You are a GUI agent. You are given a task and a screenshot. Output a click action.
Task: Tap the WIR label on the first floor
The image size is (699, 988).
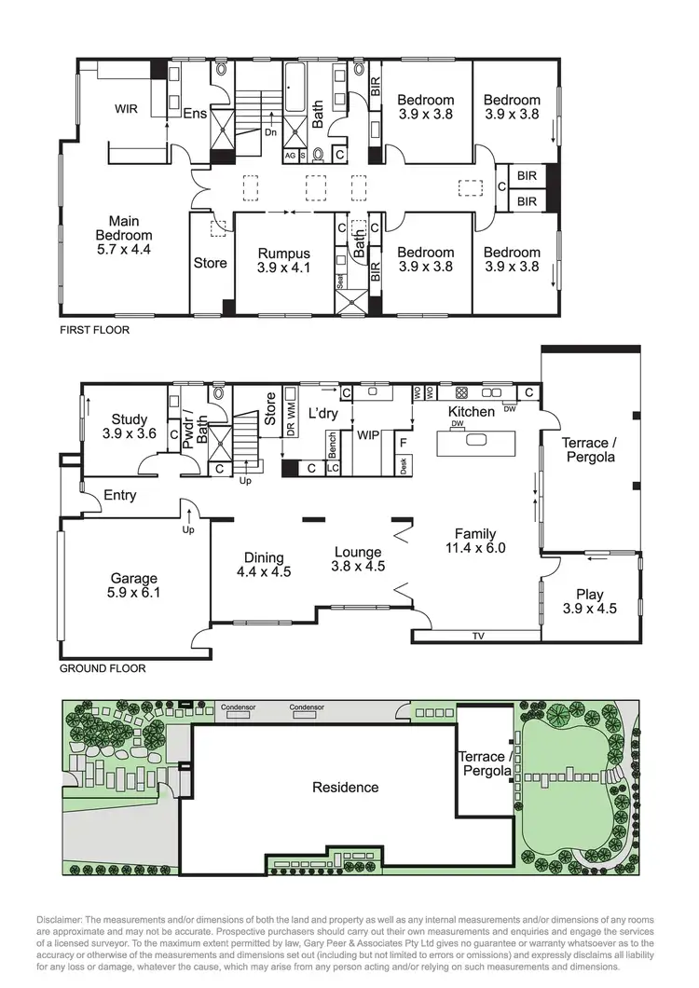[126, 109]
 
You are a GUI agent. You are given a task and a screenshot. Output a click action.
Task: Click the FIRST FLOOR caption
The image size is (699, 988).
[94, 330]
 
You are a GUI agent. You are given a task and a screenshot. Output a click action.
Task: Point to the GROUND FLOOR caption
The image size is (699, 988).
[103, 668]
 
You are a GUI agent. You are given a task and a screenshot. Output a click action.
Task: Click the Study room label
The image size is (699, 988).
[130, 419]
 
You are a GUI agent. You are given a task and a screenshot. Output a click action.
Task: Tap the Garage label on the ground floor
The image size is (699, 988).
[135, 578]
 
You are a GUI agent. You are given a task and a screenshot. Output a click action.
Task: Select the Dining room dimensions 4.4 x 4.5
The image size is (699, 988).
[264, 571]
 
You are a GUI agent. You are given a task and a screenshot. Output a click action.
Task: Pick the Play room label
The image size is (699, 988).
[589, 595]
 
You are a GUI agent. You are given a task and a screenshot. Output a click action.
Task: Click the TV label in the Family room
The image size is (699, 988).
[477, 638]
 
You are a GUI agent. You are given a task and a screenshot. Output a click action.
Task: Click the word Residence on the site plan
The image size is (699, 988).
[345, 787]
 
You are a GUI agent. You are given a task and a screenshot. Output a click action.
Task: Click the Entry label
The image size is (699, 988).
[120, 495]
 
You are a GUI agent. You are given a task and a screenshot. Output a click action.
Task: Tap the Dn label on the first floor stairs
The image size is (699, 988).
[270, 131]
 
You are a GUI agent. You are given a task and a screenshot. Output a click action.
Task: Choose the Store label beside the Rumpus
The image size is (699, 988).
[210, 263]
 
